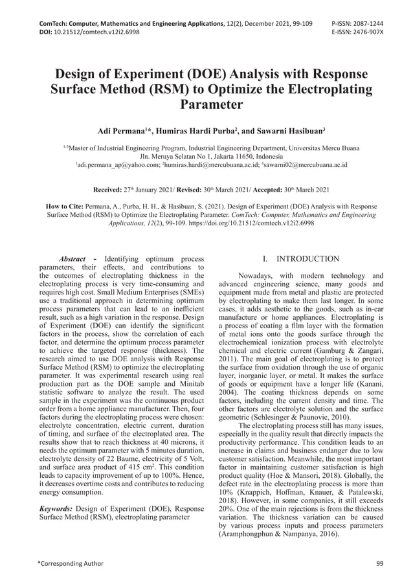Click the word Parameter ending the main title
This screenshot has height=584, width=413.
pyautogui.click(x=206, y=105)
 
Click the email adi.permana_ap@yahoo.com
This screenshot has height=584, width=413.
pyautogui.click(x=118, y=166)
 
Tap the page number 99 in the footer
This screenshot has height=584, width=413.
pyautogui.click(x=379, y=563)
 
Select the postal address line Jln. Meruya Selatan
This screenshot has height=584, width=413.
pyautogui.click(x=206, y=157)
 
